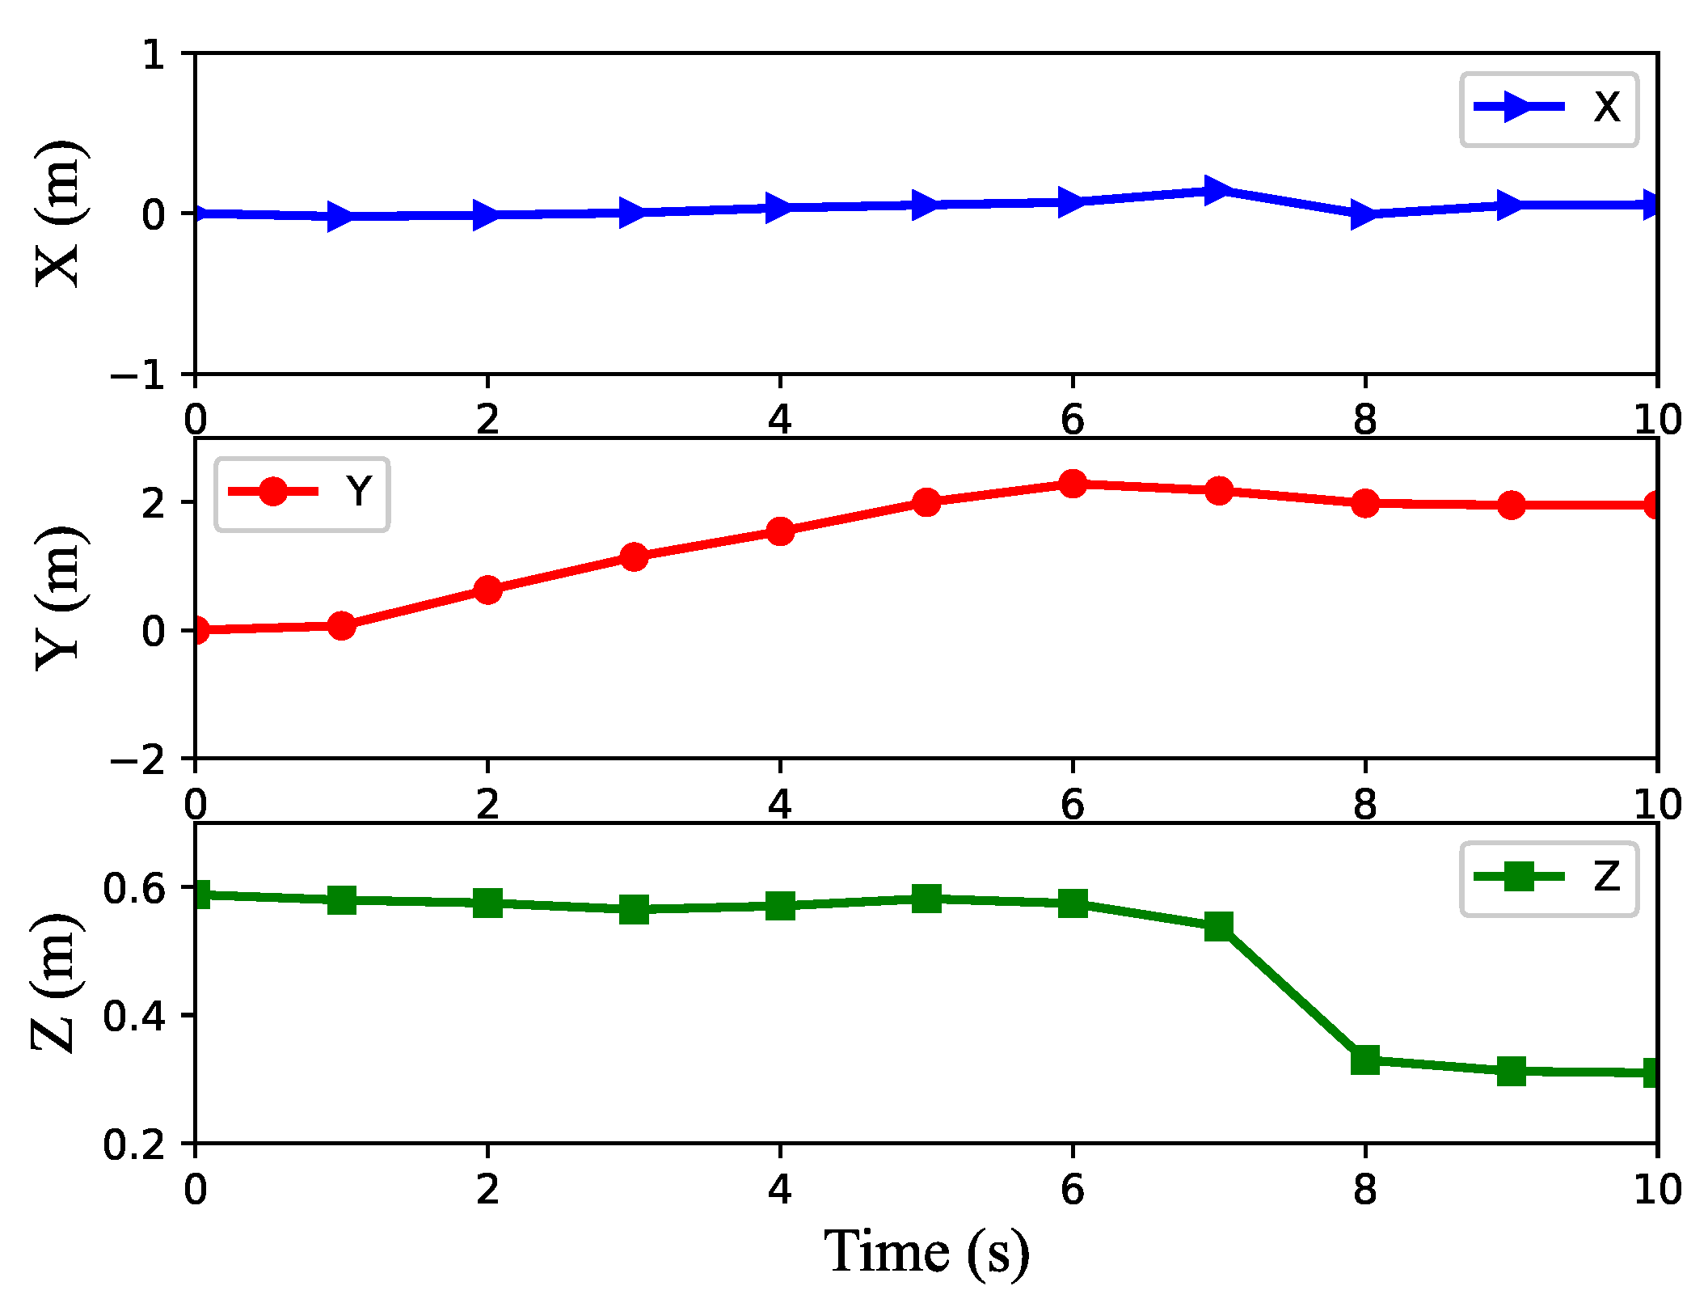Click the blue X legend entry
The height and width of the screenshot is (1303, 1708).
click(x=1547, y=108)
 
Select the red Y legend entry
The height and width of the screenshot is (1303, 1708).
click(x=301, y=493)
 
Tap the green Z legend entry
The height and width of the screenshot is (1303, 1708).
click(x=1547, y=878)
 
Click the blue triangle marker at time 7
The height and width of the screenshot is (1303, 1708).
click(x=1217, y=191)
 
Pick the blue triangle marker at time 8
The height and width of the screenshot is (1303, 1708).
click(x=1364, y=215)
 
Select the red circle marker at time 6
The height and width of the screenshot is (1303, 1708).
click(x=1072, y=484)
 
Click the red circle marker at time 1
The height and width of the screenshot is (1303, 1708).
click(x=342, y=625)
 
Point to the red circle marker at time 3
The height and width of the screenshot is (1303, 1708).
click(x=634, y=557)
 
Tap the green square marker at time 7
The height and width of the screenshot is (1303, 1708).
click(x=1218, y=927)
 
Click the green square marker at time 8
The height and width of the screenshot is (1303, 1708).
click(x=1364, y=1060)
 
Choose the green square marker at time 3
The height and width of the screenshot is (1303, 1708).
click(x=634, y=909)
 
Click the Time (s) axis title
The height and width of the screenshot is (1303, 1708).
click(x=926, y=1252)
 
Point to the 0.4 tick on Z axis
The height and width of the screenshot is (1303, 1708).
click(x=133, y=1016)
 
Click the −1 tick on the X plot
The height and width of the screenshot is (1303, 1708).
click(x=137, y=376)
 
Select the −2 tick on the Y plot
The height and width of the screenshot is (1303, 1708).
click(x=137, y=760)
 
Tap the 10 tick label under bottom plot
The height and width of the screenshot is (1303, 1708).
click(x=1657, y=1190)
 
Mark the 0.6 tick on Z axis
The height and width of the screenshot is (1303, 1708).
click(x=133, y=889)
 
